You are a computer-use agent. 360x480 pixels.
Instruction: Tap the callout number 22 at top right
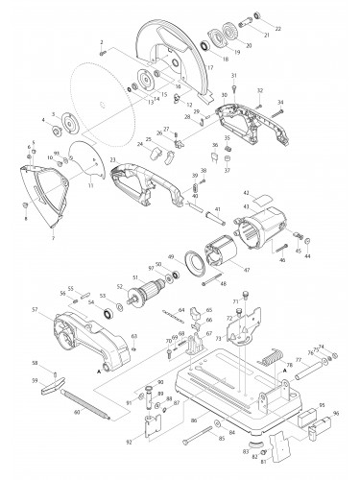click(279, 29)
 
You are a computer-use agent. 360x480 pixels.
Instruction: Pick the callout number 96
click(336, 415)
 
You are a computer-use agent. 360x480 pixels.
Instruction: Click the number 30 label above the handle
click(224, 96)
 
